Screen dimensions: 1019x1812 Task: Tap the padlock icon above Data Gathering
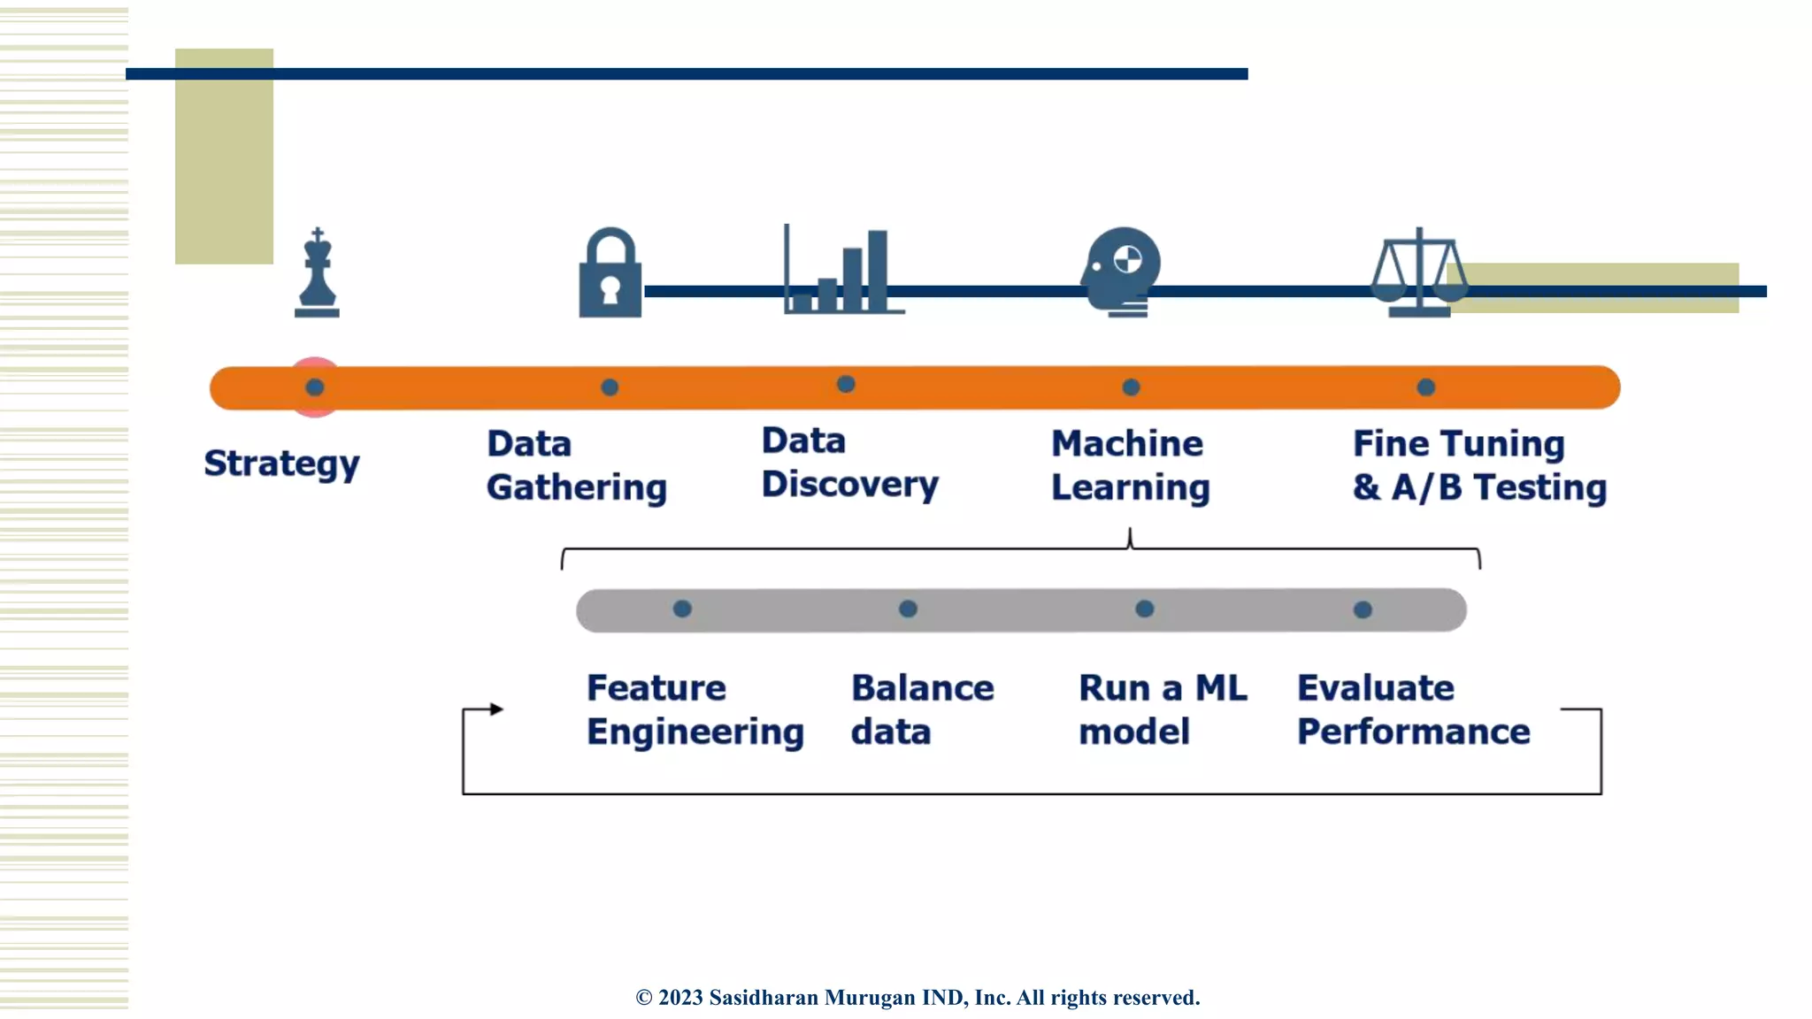[610, 274]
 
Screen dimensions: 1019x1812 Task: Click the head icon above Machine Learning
[1122, 271]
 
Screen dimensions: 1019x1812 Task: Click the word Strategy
[281, 464]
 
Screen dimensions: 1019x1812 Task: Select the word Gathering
[576, 487]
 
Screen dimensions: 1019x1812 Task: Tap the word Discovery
[849, 485]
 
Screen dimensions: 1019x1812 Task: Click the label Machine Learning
[1129, 465]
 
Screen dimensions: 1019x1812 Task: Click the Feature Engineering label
[695, 709]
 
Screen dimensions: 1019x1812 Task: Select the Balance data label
[922, 709]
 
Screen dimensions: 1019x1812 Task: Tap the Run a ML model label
[1162, 709]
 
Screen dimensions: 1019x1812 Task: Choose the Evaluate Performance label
[1413, 709]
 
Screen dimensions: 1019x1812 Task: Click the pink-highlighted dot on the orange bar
[315, 387]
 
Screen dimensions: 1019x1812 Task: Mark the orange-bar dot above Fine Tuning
[1425, 387]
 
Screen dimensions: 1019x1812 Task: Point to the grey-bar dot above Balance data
[908, 609]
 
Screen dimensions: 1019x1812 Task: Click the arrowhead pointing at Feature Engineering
[496, 709]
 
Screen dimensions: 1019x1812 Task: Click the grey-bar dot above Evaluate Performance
[1363, 609]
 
